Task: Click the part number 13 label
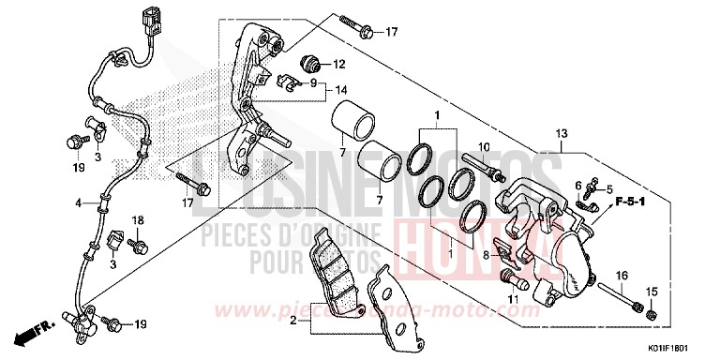pyautogui.click(x=562, y=135)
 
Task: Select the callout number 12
pyautogui.click(x=339, y=65)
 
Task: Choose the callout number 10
pyautogui.click(x=485, y=147)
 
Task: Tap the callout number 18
pyautogui.click(x=139, y=219)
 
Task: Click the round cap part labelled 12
pyautogui.click(x=309, y=64)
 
